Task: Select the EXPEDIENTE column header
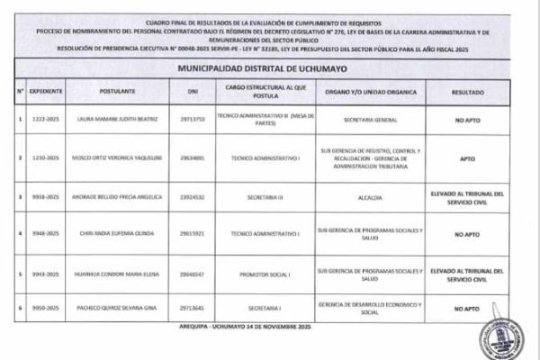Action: click(x=45, y=92)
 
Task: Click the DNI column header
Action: click(x=191, y=92)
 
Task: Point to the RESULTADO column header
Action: click(x=465, y=92)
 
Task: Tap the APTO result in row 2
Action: click(x=465, y=158)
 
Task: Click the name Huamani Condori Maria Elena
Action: click(x=109, y=272)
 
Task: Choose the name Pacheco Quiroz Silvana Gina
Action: click(x=109, y=309)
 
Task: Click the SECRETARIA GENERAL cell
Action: click(x=370, y=119)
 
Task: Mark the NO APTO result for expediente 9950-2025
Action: click(x=465, y=309)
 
